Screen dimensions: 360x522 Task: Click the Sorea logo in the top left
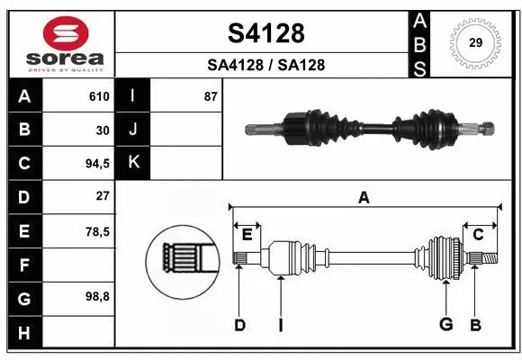point(62,43)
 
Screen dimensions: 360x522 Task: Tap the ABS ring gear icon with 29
point(473,43)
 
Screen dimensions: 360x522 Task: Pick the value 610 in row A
point(99,96)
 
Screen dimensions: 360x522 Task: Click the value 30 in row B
point(103,130)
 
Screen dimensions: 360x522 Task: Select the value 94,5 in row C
point(97,163)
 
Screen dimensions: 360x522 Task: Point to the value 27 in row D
point(103,196)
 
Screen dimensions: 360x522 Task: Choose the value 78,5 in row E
point(97,231)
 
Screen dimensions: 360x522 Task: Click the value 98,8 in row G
point(97,296)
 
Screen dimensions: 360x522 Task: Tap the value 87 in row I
point(211,96)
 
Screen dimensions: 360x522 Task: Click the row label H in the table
point(23,334)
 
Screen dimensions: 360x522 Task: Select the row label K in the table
point(134,163)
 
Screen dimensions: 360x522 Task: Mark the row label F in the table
point(23,265)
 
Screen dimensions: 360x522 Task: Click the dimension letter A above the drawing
point(364,197)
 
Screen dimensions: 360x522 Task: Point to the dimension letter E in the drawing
point(247,234)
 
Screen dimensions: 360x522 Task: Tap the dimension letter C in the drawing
point(479,234)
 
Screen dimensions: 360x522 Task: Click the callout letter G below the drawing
point(445,325)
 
